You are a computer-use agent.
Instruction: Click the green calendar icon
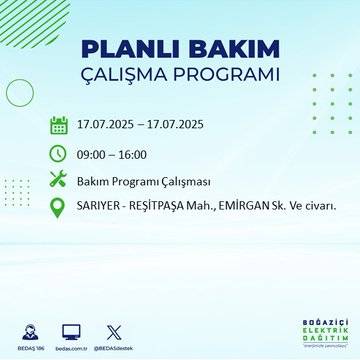(58, 126)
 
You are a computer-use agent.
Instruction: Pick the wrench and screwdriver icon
(58, 180)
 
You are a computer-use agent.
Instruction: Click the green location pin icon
(58, 208)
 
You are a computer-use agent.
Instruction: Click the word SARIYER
(101, 208)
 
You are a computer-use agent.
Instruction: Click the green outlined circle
(20, 93)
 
